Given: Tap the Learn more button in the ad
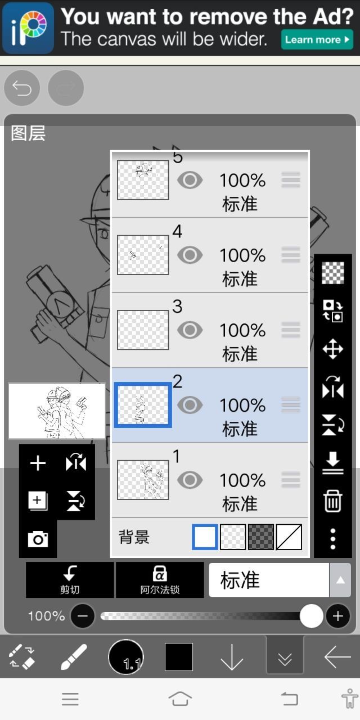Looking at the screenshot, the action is pyautogui.click(x=317, y=39).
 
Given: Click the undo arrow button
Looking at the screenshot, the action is pyautogui.click(x=22, y=88).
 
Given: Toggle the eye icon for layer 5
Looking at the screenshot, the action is pyautogui.click(x=190, y=180).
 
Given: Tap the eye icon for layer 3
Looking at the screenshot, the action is pyautogui.click(x=190, y=330).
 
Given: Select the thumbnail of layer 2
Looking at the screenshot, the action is pyautogui.click(x=143, y=405).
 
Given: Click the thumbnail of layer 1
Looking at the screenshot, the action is pyautogui.click(x=143, y=480).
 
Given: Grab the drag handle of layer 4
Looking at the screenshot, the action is pyautogui.click(x=291, y=255).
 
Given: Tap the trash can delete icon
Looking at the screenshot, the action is pyautogui.click(x=332, y=501).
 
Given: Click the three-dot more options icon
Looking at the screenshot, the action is pyautogui.click(x=333, y=539).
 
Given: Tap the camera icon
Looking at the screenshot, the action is pyautogui.click(x=38, y=539).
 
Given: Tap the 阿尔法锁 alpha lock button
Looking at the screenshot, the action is pyautogui.click(x=160, y=580).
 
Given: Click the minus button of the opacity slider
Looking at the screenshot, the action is pyautogui.click(x=83, y=616).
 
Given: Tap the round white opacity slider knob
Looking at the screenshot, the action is pyautogui.click(x=311, y=616).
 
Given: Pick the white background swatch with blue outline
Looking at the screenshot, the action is pyautogui.click(x=205, y=537).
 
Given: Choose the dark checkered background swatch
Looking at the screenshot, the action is pyautogui.click(x=261, y=537).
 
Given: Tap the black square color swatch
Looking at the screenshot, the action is pyautogui.click(x=179, y=657).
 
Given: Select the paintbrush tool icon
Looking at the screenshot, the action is pyautogui.click(x=74, y=657).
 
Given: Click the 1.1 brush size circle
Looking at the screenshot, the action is pyautogui.click(x=126, y=657).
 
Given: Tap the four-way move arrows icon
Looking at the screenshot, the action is pyautogui.click(x=332, y=349).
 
